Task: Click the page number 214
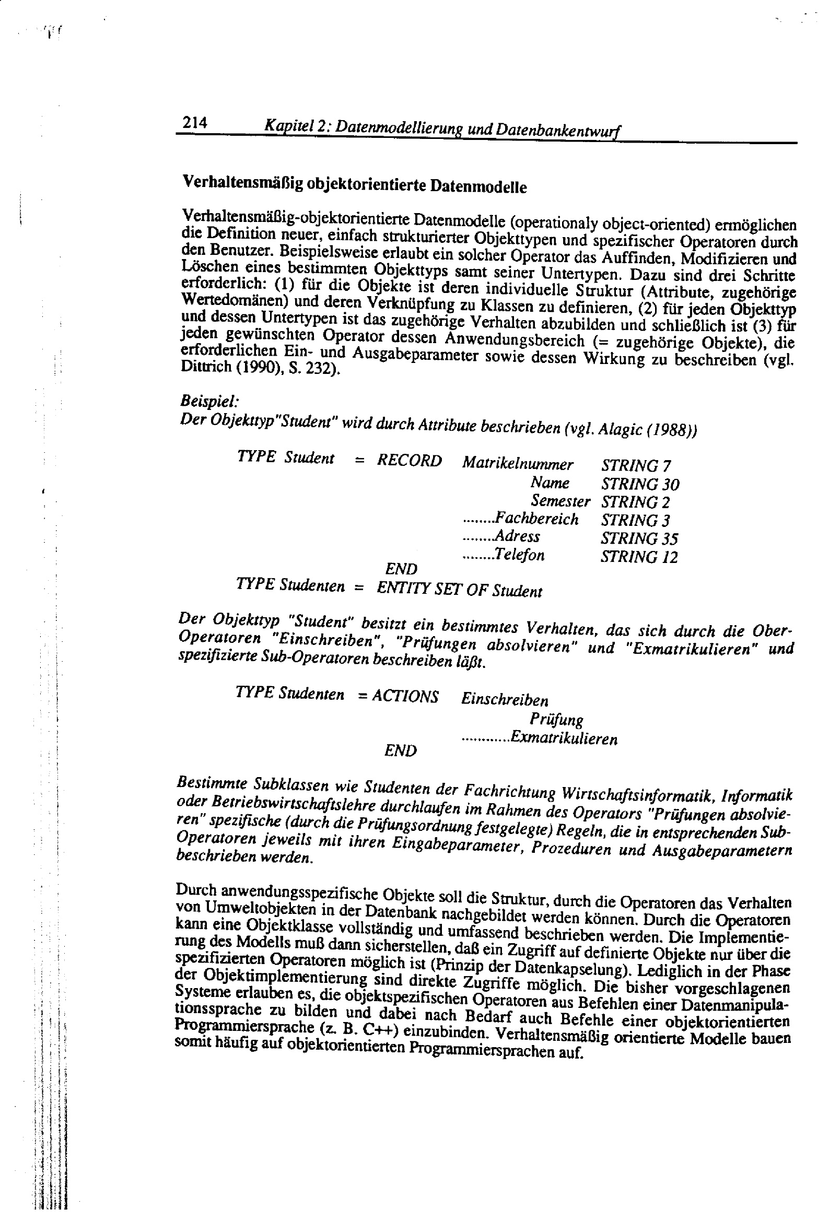[x=194, y=123]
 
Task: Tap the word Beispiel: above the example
[x=210, y=401]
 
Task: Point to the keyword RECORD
[x=410, y=461]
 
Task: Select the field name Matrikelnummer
[x=518, y=464]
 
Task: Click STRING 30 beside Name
[x=640, y=484]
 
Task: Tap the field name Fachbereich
[x=536, y=519]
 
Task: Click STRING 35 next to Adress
[x=639, y=538]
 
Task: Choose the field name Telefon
[x=519, y=555]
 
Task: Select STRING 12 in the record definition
[x=639, y=557]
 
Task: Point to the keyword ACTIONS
[x=405, y=697]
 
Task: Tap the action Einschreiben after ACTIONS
[x=505, y=700]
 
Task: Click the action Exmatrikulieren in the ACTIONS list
[x=564, y=738]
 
